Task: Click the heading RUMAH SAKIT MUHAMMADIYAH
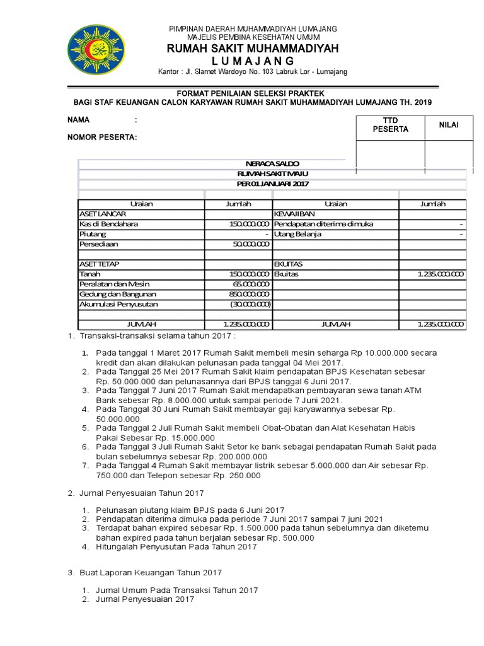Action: [x=252, y=49]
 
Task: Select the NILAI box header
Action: [x=449, y=125]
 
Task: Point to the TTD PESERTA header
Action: [x=391, y=125]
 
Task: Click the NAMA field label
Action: [x=79, y=120]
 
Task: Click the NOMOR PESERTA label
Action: [x=102, y=137]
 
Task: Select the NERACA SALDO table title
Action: [x=272, y=163]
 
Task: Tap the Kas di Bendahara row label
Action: [x=109, y=224]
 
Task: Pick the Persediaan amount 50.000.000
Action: [x=250, y=244]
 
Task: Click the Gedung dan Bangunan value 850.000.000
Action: [x=250, y=294]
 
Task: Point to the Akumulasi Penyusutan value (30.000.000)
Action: [x=250, y=304]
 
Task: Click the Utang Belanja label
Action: [x=298, y=234]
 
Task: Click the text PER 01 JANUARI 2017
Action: [x=272, y=184]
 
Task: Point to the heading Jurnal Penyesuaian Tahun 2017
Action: [x=141, y=493]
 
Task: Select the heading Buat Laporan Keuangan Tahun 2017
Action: [x=151, y=572]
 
